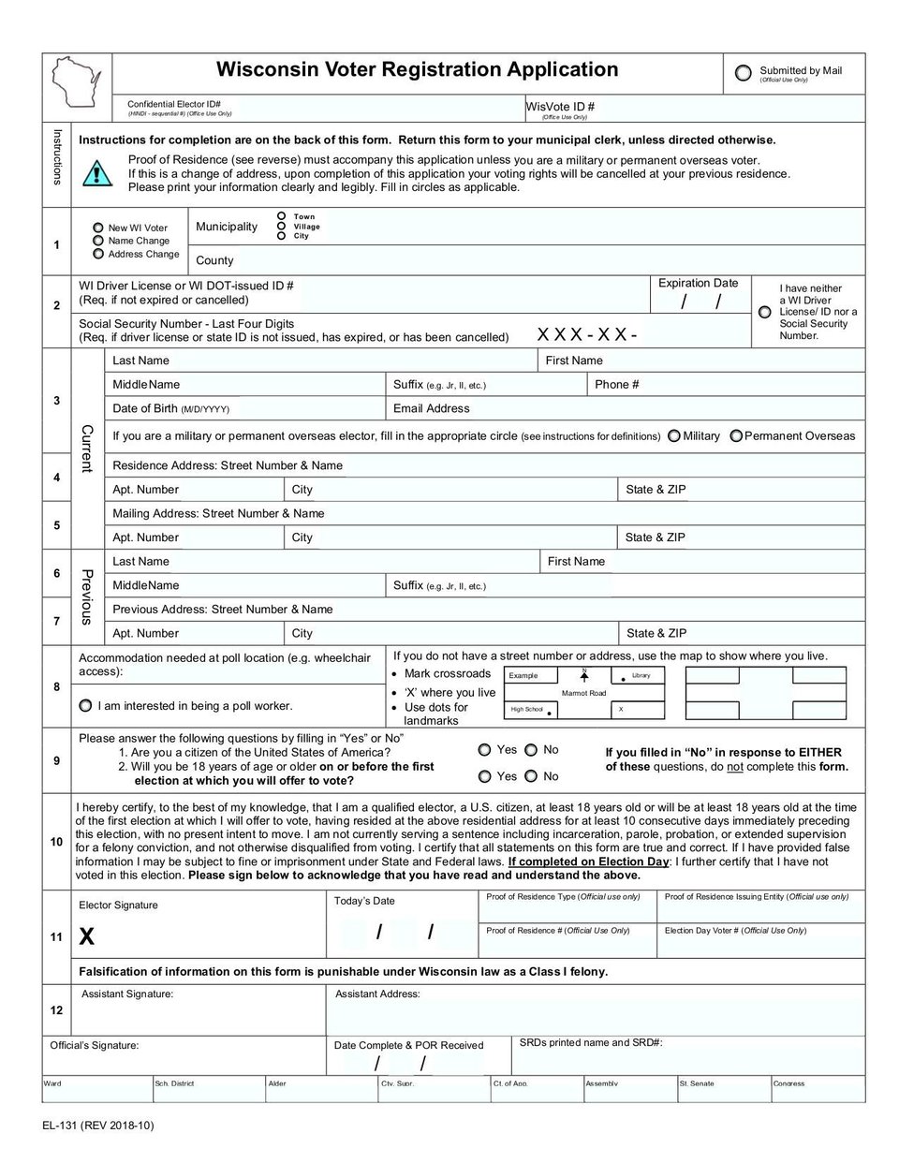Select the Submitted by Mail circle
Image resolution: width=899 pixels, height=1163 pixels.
click(x=744, y=73)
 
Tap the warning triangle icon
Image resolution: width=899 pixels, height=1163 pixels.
click(x=97, y=173)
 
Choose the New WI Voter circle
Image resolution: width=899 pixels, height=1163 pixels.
click(x=98, y=228)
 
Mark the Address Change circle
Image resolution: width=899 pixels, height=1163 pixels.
click(x=98, y=254)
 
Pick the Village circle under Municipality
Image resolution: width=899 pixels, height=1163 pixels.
click(x=281, y=226)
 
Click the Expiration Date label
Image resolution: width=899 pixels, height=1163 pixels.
click(x=698, y=283)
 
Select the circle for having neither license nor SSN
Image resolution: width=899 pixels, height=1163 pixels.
click(x=765, y=312)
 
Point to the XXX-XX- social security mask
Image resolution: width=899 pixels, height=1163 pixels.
click(x=587, y=334)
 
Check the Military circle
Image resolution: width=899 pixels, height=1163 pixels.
click(x=674, y=435)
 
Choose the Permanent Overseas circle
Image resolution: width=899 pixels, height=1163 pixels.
click(x=736, y=435)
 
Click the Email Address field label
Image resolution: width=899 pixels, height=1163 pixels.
click(x=431, y=408)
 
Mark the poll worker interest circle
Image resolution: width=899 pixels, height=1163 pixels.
click(x=86, y=705)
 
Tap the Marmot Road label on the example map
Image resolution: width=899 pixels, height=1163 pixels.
click(x=583, y=693)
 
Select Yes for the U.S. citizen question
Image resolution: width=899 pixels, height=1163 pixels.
click(x=484, y=750)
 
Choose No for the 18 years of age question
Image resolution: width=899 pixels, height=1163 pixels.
click(x=531, y=776)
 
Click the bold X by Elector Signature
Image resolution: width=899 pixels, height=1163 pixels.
click(x=87, y=935)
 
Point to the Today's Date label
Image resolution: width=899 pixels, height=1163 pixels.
click(x=364, y=901)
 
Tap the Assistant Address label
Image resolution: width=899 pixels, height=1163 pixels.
click(x=377, y=994)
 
